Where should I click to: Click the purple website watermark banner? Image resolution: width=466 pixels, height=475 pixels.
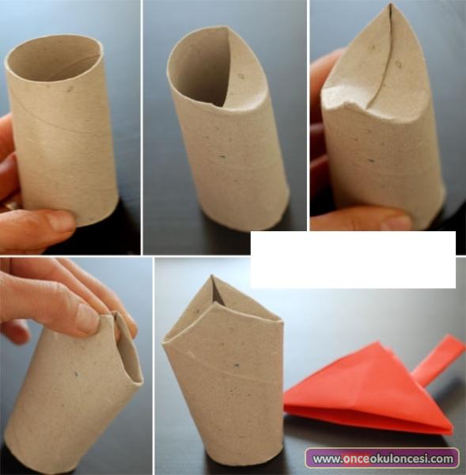coord(382,458)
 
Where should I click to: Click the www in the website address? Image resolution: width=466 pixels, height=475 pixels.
coord(326,459)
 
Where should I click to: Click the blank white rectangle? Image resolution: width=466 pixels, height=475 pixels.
coord(353,260)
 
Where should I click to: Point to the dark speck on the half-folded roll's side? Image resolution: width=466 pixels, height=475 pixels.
coord(222,158)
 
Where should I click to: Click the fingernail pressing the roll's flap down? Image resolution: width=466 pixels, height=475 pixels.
coord(88,318)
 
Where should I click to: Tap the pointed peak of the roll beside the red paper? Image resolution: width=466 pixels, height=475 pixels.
coord(213,276)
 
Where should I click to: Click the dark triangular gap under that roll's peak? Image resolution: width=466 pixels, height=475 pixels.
coord(218,292)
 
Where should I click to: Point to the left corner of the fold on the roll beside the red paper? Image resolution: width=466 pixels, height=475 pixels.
coord(164,343)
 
